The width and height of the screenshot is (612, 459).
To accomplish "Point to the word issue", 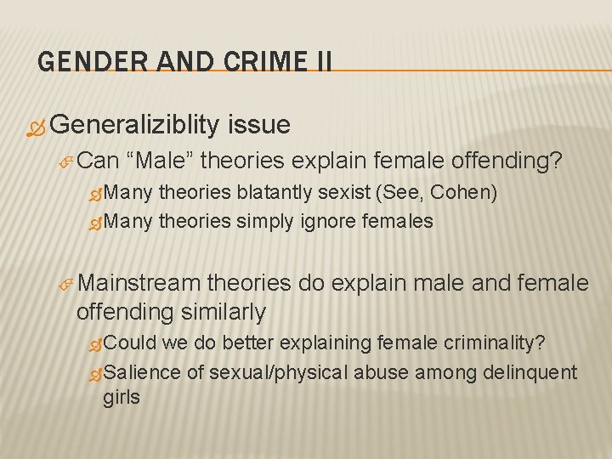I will pos(258,125).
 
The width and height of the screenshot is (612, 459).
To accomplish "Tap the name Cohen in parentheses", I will pos(463,192).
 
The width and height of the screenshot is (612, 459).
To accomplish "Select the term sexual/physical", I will pos(279,371).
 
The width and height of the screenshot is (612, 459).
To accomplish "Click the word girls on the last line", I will pos(122,398).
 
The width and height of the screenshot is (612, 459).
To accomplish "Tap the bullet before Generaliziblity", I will pos(34,127).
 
